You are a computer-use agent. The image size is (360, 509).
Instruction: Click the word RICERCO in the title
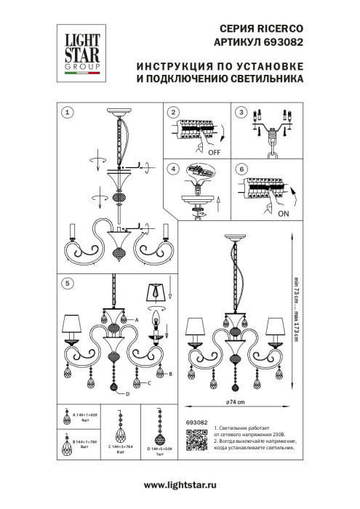pyautogui.click(x=279, y=28)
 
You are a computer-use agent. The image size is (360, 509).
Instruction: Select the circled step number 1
pyautogui.click(x=66, y=112)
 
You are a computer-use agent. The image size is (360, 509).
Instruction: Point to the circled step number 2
pyautogui.click(x=172, y=112)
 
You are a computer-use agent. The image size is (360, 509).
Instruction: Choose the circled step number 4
pyautogui.click(x=172, y=169)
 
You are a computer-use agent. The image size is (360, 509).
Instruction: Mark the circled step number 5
pyautogui.click(x=66, y=282)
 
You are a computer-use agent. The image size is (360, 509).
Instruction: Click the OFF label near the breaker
pyautogui.click(x=213, y=153)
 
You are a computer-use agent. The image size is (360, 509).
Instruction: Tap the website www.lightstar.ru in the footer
pyautogui.click(x=180, y=485)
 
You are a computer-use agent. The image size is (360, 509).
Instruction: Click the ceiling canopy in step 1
pyautogui.click(x=117, y=113)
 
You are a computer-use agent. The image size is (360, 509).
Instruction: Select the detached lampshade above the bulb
pyautogui.click(x=158, y=291)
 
